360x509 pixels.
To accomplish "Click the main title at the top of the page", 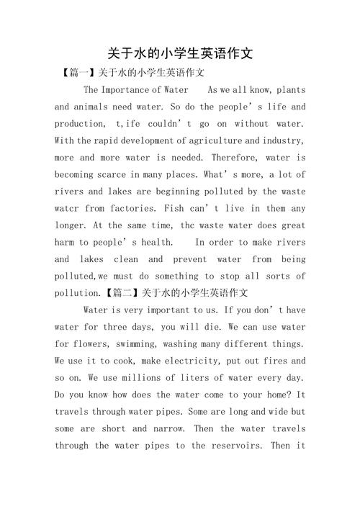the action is [180, 53].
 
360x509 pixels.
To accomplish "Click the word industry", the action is [280, 140].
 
